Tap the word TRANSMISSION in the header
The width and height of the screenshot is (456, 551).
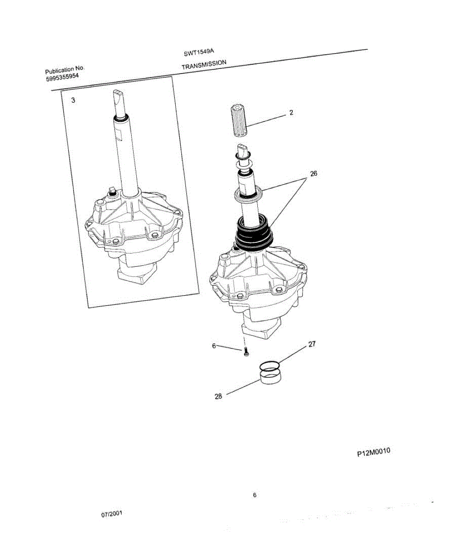click(x=204, y=64)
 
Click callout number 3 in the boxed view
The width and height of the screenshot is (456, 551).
click(x=73, y=100)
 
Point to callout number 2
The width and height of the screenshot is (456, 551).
click(x=291, y=112)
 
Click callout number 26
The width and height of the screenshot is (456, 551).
click(x=313, y=174)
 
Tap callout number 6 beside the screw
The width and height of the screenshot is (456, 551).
click(x=214, y=346)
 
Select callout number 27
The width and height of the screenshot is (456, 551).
click(x=312, y=343)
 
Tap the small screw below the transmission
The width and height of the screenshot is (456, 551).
click(x=245, y=352)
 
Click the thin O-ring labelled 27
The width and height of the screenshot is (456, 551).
click(x=269, y=366)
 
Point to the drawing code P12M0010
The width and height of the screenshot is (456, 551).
click(x=373, y=452)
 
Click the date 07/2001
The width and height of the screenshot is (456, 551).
click(x=112, y=515)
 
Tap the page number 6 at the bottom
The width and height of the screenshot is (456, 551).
click(x=255, y=495)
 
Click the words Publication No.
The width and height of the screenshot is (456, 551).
click(x=65, y=70)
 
